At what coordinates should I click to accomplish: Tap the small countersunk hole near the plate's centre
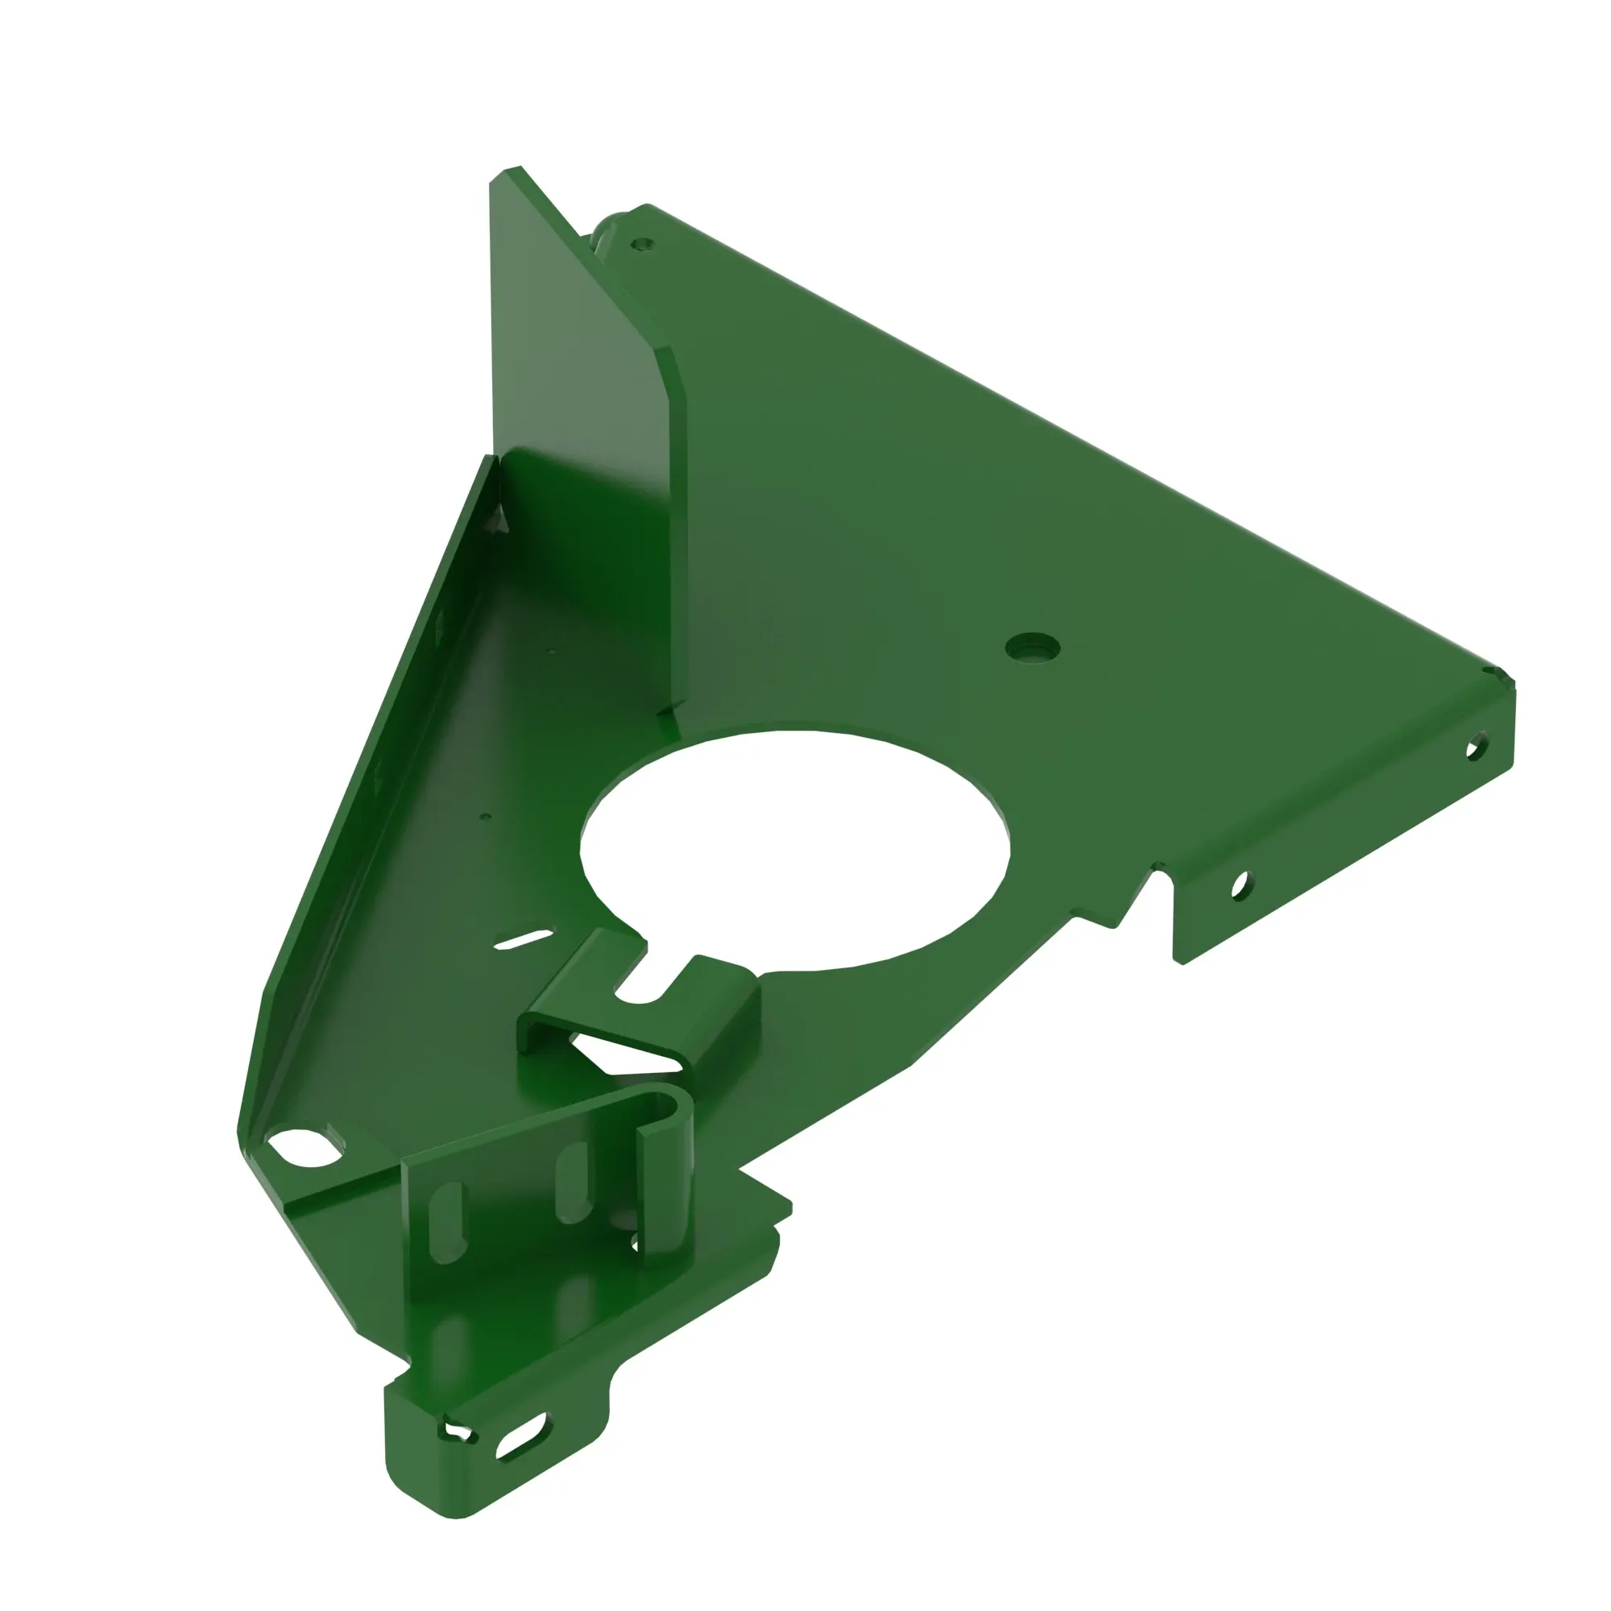pos(1032,646)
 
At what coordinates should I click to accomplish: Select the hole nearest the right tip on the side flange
pos(1475,744)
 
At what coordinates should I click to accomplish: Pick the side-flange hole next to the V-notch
pos(1240,884)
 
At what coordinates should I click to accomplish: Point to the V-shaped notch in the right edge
pos(1144,892)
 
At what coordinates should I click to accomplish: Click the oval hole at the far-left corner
pos(302,1148)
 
